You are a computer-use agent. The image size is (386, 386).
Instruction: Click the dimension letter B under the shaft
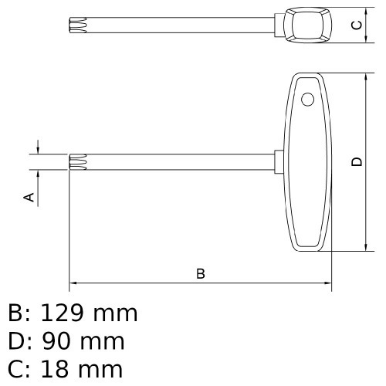click(201, 274)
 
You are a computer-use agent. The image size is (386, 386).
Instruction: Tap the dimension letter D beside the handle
click(356, 161)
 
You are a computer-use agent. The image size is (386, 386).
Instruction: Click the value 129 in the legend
click(62, 313)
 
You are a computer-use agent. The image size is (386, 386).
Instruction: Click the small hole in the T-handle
click(308, 100)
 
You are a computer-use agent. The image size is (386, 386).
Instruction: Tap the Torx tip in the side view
click(76, 161)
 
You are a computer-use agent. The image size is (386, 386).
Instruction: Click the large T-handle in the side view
click(310, 162)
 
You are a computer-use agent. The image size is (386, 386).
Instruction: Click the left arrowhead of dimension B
click(73, 283)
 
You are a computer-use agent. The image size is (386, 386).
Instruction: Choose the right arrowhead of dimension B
click(328, 283)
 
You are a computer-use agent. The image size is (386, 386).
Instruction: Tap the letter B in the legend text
click(15, 313)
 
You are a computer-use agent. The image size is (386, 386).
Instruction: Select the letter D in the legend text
click(16, 341)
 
